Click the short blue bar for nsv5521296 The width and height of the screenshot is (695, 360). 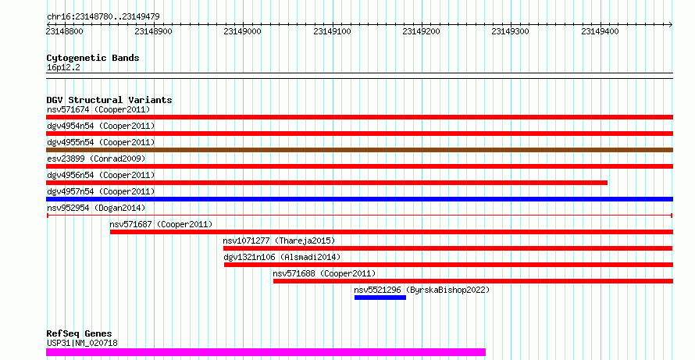point(380,298)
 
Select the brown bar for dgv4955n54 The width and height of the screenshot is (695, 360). point(359,150)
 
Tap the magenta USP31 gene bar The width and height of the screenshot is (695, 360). point(266,352)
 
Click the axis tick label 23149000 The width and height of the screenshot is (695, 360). point(242,31)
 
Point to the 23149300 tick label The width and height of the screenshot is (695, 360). point(510,31)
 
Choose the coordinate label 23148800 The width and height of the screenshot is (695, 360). point(64,31)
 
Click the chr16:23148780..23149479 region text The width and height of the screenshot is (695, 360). point(103,17)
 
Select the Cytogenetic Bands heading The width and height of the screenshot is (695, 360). point(93,58)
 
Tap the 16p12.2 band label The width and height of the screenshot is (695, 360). point(63,68)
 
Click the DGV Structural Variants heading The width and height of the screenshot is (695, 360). point(109,100)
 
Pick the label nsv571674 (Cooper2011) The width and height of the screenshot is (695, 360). point(98,109)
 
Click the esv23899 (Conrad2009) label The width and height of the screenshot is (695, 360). point(96,159)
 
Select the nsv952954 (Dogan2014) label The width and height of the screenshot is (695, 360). point(96,208)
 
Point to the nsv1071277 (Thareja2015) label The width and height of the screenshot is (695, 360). point(279,241)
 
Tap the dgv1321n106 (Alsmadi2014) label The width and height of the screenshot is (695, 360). point(282,257)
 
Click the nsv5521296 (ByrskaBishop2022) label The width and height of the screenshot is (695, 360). point(422,290)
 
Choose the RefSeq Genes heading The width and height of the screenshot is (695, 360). point(80,333)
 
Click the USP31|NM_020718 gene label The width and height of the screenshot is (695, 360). point(82,343)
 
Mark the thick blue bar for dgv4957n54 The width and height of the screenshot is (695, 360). point(359,199)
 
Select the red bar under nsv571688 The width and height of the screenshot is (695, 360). point(473,281)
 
